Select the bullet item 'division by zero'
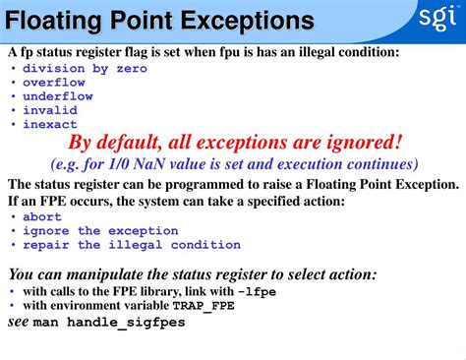(x=85, y=69)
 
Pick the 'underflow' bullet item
(x=58, y=96)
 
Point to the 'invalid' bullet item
(x=50, y=110)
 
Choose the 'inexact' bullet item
(x=50, y=124)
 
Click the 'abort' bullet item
(x=42, y=217)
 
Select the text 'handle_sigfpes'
(x=122, y=322)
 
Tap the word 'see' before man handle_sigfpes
(x=19, y=321)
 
